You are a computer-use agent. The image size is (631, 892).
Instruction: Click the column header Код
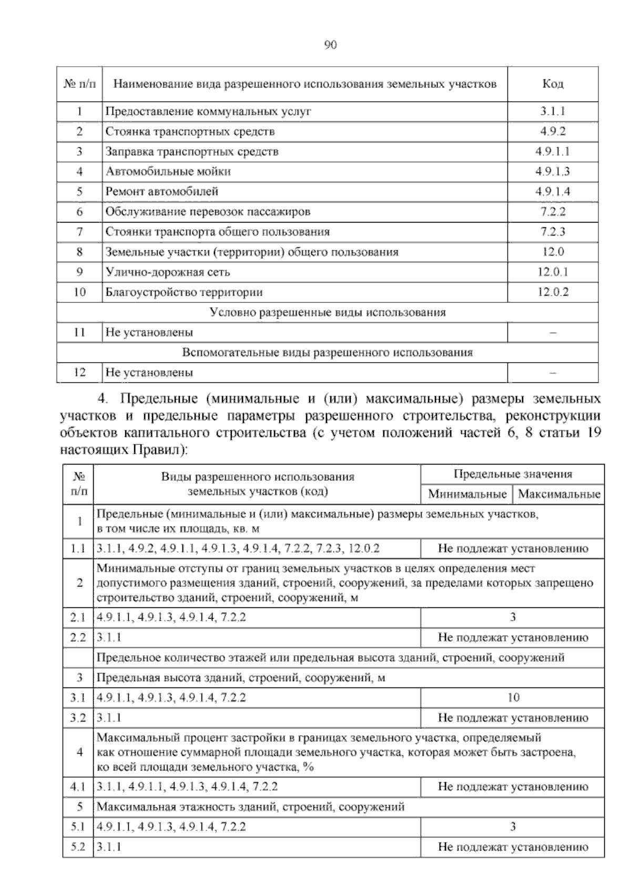tap(552, 84)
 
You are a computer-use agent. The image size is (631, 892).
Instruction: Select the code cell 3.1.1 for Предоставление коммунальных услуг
tap(552, 111)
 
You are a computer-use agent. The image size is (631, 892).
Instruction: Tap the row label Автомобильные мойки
tap(168, 171)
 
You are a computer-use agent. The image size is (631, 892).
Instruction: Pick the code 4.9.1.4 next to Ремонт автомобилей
tap(552, 192)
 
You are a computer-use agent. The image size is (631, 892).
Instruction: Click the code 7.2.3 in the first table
tap(552, 232)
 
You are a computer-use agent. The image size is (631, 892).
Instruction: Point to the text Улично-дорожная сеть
tap(167, 272)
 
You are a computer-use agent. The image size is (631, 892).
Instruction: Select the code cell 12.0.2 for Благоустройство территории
tap(552, 292)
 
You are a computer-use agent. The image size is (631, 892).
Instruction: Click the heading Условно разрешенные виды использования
tap(327, 312)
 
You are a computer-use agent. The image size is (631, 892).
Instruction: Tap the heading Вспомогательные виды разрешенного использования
tap(327, 352)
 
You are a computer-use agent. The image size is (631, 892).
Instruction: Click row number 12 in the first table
tap(79, 373)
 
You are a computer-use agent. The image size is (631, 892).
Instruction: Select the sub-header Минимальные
tap(467, 494)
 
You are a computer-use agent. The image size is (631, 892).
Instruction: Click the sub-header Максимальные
tap(559, 494)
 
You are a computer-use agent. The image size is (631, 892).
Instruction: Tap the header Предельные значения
tap(513, 474)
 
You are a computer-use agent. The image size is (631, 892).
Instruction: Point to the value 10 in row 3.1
tap(513, 698)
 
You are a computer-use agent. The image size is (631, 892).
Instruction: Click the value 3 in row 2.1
tap(513, 617)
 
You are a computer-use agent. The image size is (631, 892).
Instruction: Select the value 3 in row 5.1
tap(513, 827)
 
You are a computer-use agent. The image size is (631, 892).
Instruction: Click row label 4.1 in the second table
tap(78, 787)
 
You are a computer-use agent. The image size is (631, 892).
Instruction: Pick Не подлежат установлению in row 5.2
tap(513, 847)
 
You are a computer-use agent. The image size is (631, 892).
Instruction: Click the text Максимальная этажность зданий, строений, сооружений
tap(251, 807)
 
